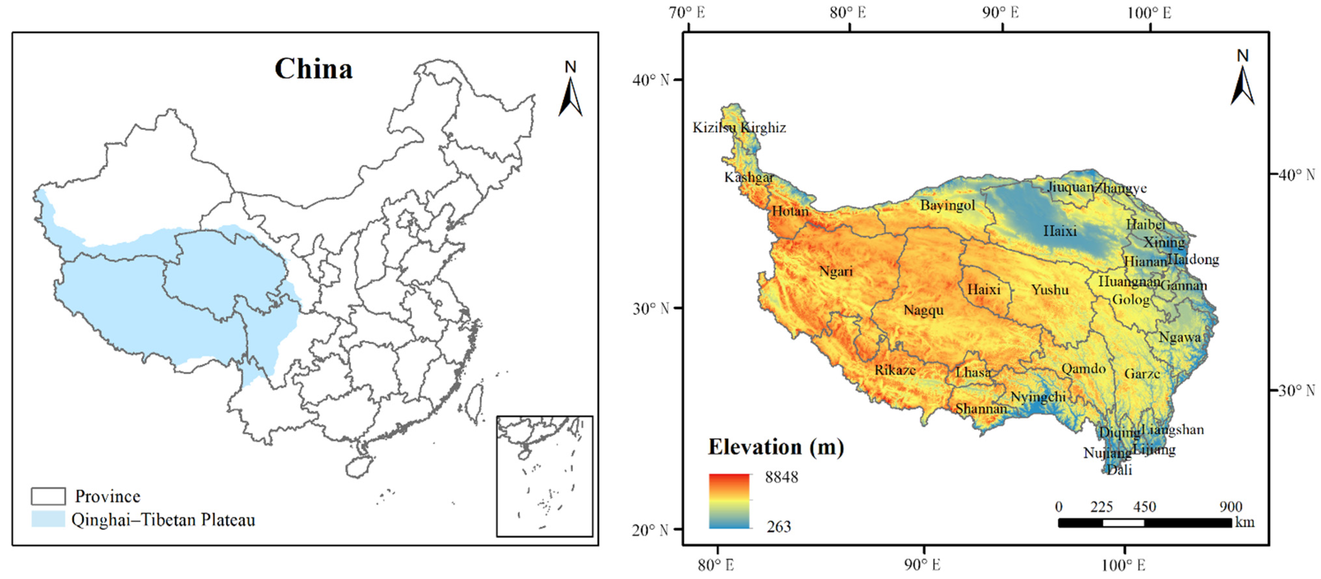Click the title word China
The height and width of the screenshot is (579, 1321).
coord(313,69)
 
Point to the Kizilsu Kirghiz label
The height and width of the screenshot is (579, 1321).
coord(739,127)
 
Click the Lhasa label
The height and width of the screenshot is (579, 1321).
coord(973,372)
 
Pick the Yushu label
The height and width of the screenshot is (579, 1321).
coord(1050,290)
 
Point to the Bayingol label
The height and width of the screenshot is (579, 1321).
coord(947,205)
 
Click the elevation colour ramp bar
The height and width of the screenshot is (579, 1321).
coord(729,501)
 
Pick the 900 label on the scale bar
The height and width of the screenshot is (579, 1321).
coord(1230,507)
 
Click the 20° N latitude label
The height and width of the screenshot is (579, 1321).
coord(650,530)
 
